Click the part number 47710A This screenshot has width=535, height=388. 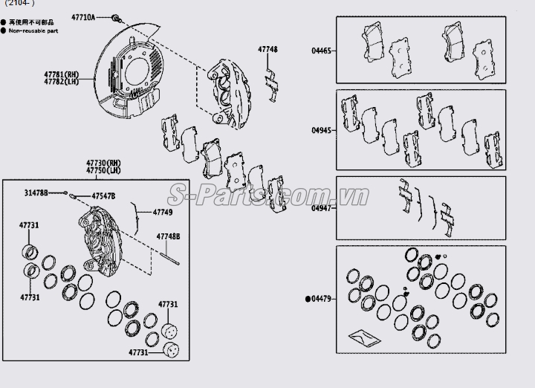point(83,16)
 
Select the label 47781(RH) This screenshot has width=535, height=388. point(60,74)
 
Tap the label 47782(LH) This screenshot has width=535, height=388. point(60,81)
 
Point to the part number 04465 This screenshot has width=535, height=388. point(321,51)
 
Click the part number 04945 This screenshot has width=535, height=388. point(321,129)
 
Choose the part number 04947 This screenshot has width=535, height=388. point(321,208)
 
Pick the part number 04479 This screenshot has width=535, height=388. point(323,299)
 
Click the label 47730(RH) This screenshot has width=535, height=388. point(103,163)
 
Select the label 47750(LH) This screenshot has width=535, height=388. point(103,170)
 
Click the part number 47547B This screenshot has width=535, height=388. point(103,195)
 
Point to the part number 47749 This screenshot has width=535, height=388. point(163,212)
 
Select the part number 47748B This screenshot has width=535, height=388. point(168,236)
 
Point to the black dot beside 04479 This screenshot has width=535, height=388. point(308,299)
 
